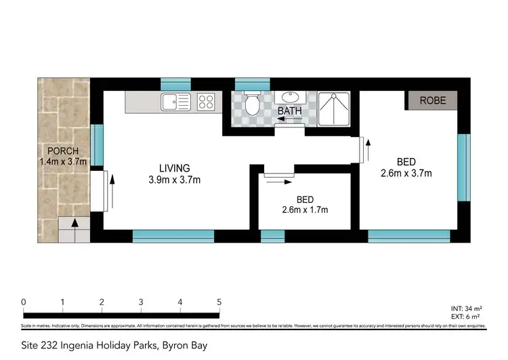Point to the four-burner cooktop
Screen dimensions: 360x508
point(206,103)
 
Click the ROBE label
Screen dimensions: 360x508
point(431,100)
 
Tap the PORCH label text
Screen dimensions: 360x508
point(63,151)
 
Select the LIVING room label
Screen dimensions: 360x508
point(175,168)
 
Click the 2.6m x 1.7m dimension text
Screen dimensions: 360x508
point(305,209)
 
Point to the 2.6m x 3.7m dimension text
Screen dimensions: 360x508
point(406,173)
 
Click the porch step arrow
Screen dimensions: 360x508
point(74,224)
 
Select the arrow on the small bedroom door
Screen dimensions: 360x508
point(279,180)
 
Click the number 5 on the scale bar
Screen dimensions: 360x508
point(219,302)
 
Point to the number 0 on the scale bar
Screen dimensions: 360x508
point(24,302)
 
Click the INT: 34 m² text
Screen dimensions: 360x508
point(467,308)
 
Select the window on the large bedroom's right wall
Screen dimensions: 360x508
point(463,167)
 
